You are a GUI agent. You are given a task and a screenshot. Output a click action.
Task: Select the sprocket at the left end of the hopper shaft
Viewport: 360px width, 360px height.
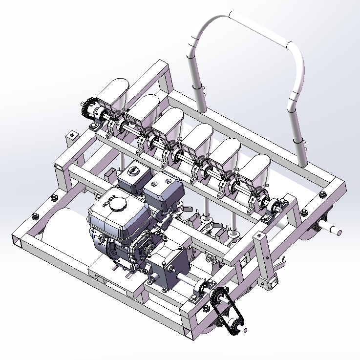point(89,108)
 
